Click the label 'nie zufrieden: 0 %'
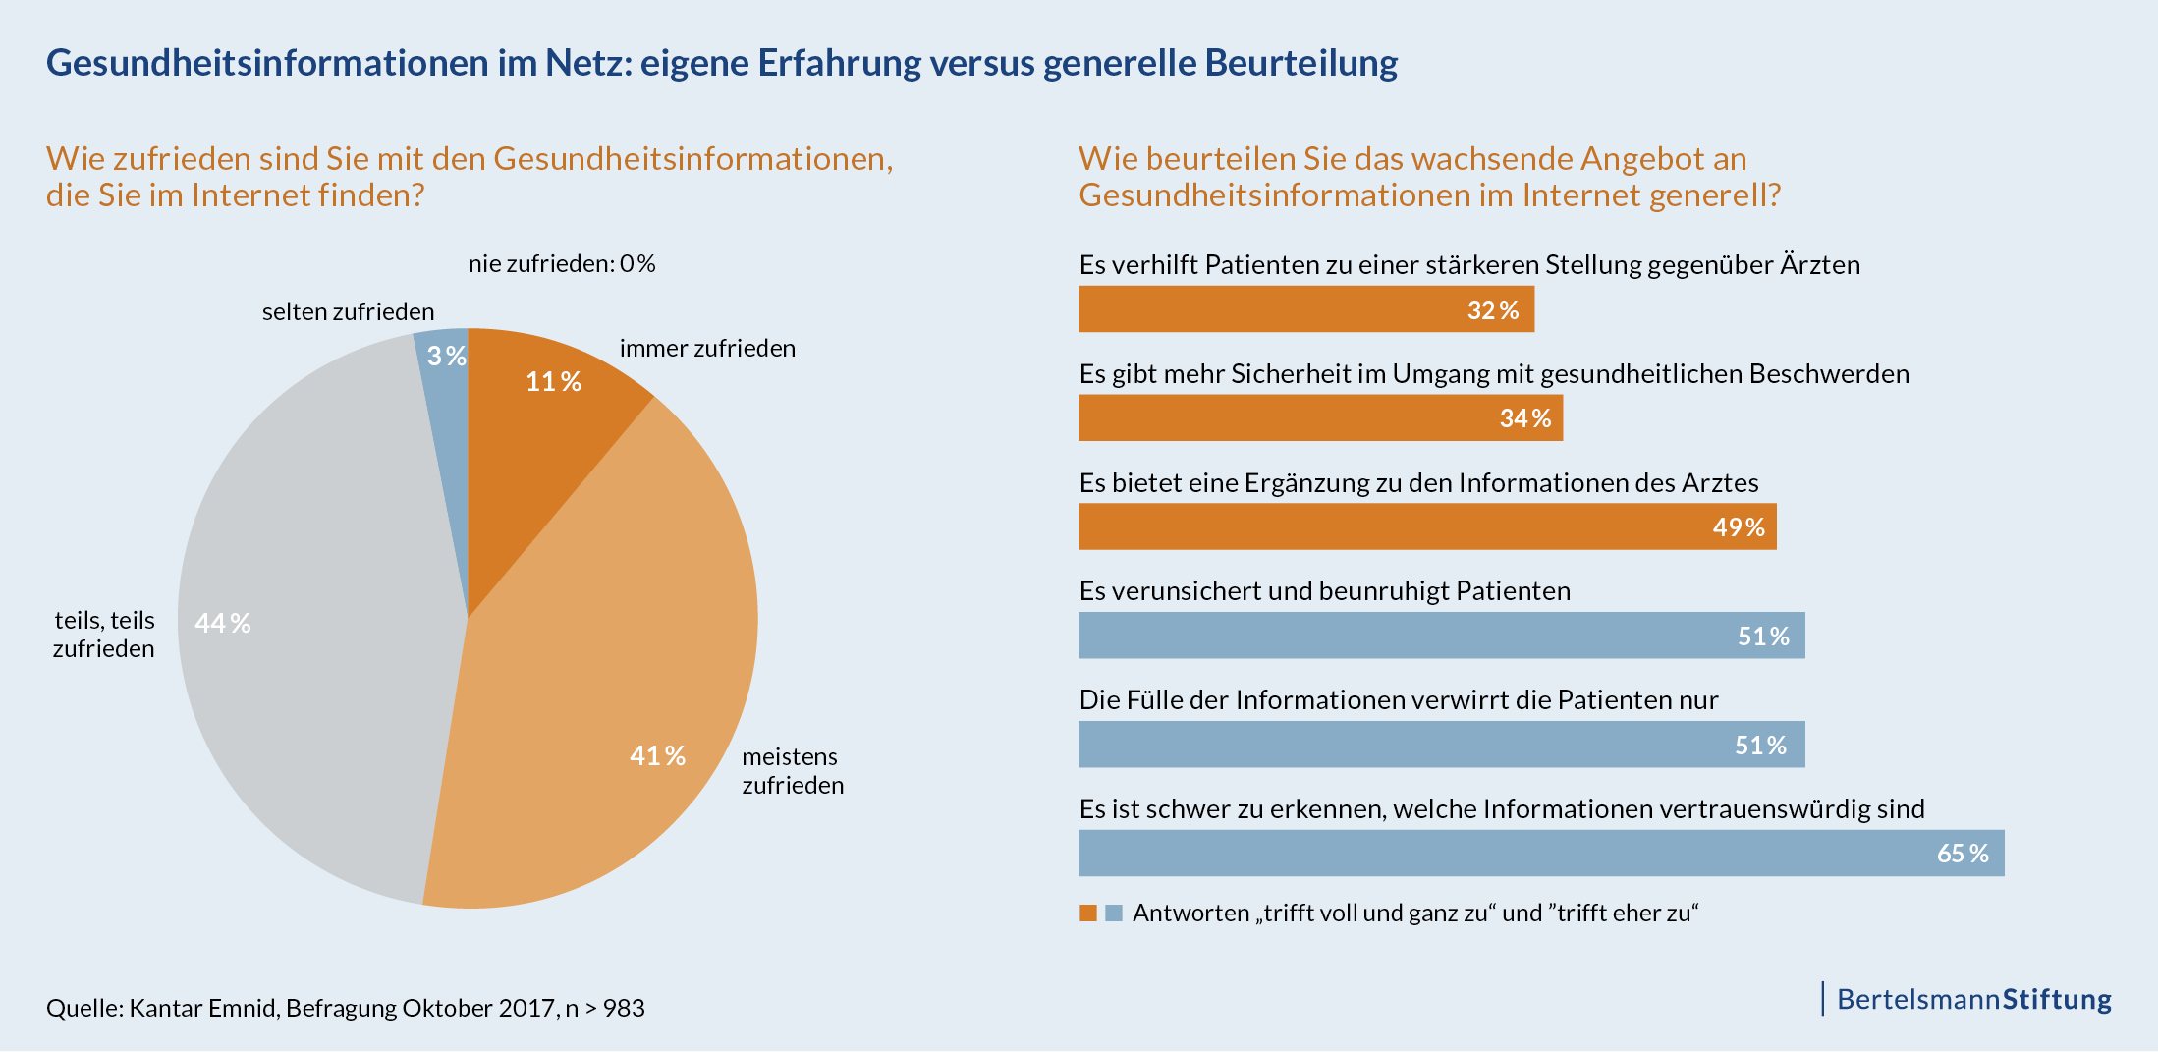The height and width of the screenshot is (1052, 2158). click(x=562, y=264)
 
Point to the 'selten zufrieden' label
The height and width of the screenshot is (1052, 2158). click(x=348, y=312)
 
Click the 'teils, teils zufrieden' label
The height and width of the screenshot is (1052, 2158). click(x=104, y=635)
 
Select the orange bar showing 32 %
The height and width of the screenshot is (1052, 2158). click(x=1305, y=309)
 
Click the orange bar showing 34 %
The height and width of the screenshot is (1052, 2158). click(x=1319, y=418)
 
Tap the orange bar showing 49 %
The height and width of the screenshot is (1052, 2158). click(x=1426, y=527)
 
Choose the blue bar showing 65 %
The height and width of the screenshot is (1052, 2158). click(x=1540, y=854)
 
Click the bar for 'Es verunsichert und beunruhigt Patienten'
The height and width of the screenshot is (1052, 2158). click(x=1441, y=636)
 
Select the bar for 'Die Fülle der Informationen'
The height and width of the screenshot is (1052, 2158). click(x=1441, y=745)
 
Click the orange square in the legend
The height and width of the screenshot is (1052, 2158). click(x=1088, y=914)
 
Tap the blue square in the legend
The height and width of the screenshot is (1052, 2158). click(x=1114, y=914)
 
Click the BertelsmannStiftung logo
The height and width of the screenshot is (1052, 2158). click(x=1972, y=1000)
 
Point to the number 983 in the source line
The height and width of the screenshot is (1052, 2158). click(x=624, y=1009)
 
